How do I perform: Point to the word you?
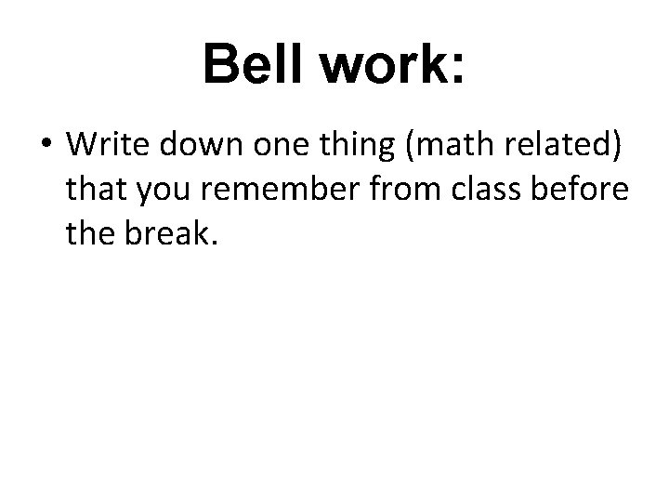161,193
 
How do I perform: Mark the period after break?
215,244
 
